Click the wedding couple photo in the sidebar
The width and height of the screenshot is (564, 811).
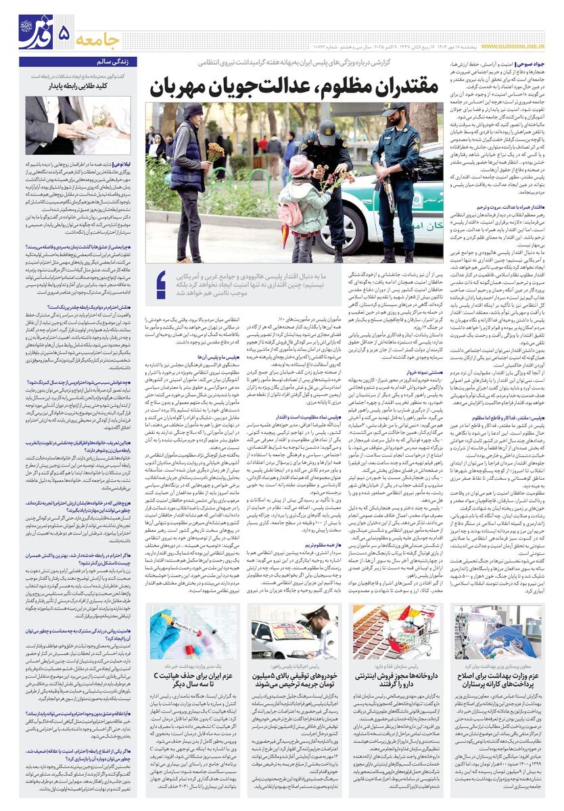(78, 124)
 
